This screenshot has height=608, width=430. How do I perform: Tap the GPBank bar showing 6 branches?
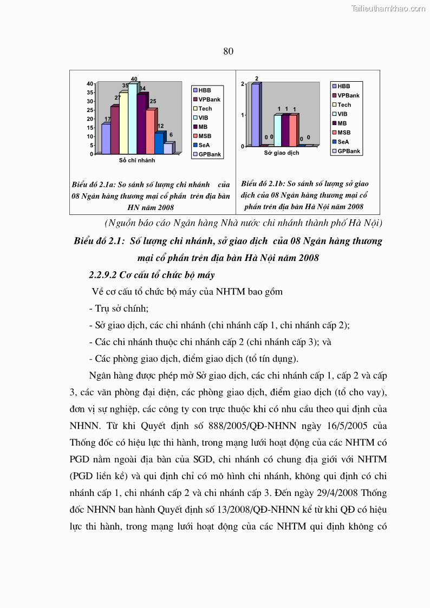(x=168, y=148)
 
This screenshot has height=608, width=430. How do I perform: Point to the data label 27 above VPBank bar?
(x=118, y=98)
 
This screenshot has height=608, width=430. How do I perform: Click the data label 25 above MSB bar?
(x=153, y=101)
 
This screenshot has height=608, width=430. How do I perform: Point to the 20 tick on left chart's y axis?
(x=89, y=119)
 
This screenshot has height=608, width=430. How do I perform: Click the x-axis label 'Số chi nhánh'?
(x=137, y=161)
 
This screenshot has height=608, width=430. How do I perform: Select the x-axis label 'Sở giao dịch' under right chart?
(x=281, y=153)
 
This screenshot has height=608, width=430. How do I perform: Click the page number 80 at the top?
(x=228, y=51)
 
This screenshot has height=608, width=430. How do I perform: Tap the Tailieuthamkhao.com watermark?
(x=388, y=8)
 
